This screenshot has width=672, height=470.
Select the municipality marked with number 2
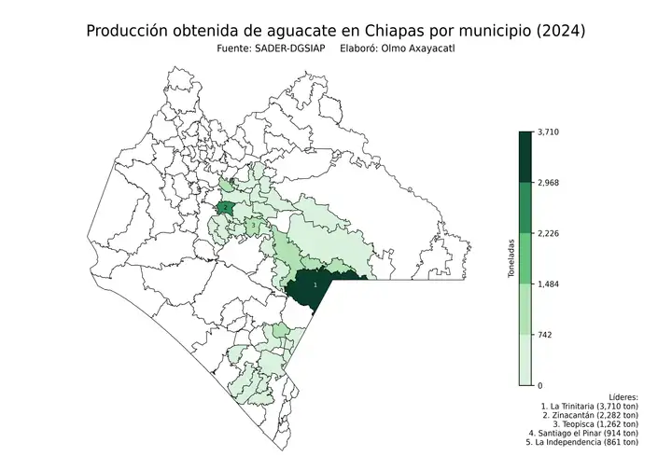coord(225,208)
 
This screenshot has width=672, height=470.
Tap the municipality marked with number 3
coord(254,227)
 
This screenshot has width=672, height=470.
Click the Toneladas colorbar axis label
coord(510,258)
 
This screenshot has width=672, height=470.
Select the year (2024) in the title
coord(556,31)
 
